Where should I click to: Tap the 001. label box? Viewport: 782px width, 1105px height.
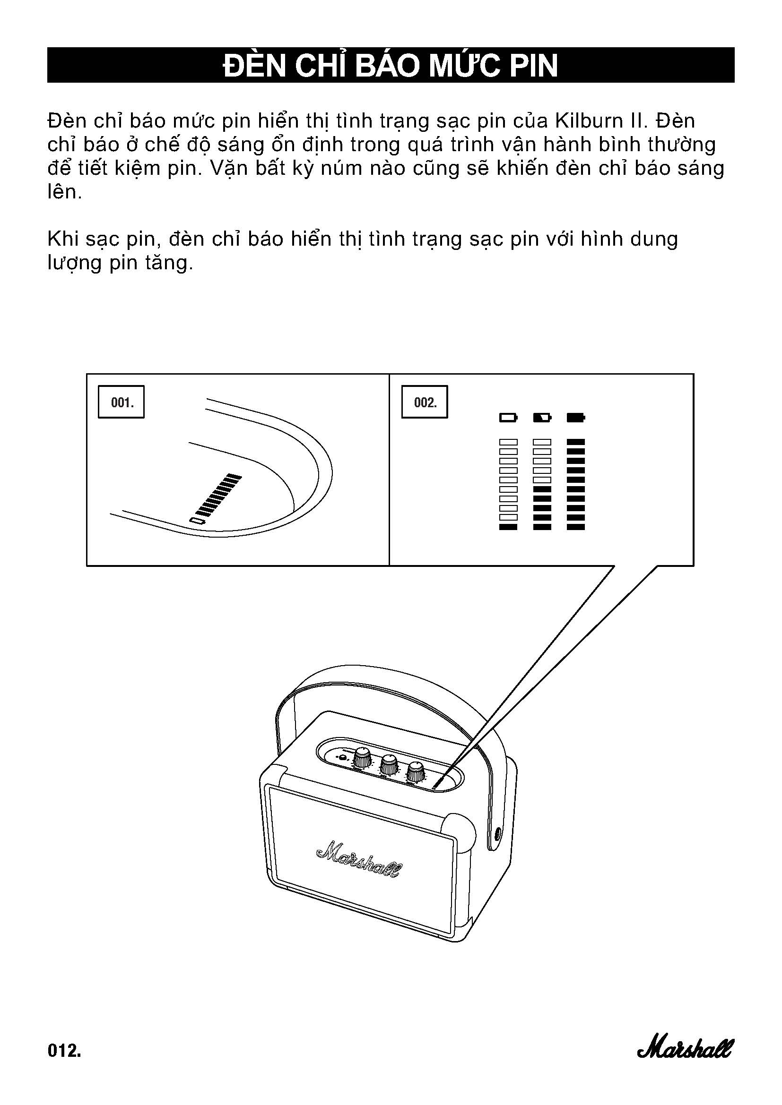tap(122, 402)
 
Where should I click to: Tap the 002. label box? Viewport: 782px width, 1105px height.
tap(425, 402)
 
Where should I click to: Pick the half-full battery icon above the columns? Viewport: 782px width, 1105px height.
tap(542, 417)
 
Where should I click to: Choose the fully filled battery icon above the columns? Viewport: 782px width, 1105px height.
tap(576, 417)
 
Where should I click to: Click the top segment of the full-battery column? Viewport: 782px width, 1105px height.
tap(576, 442)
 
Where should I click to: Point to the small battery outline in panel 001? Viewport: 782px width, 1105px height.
tap(197, 521)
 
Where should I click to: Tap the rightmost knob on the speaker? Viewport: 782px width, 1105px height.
tap(416, 771)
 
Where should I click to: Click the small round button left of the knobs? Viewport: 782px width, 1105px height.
tap(342, 759)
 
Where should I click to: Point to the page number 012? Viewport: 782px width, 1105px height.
tap(64, 1050)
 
